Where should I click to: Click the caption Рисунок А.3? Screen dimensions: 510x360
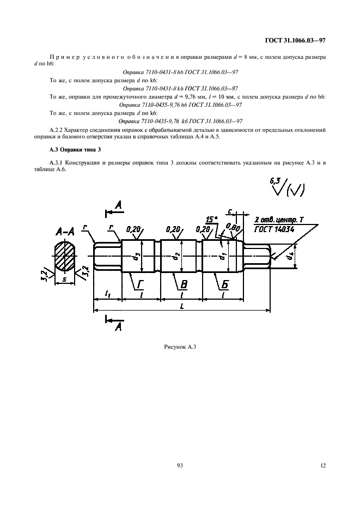point(179,347)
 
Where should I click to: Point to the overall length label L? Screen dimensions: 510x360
point(181,306)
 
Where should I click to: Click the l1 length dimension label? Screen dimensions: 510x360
point(107,294)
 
